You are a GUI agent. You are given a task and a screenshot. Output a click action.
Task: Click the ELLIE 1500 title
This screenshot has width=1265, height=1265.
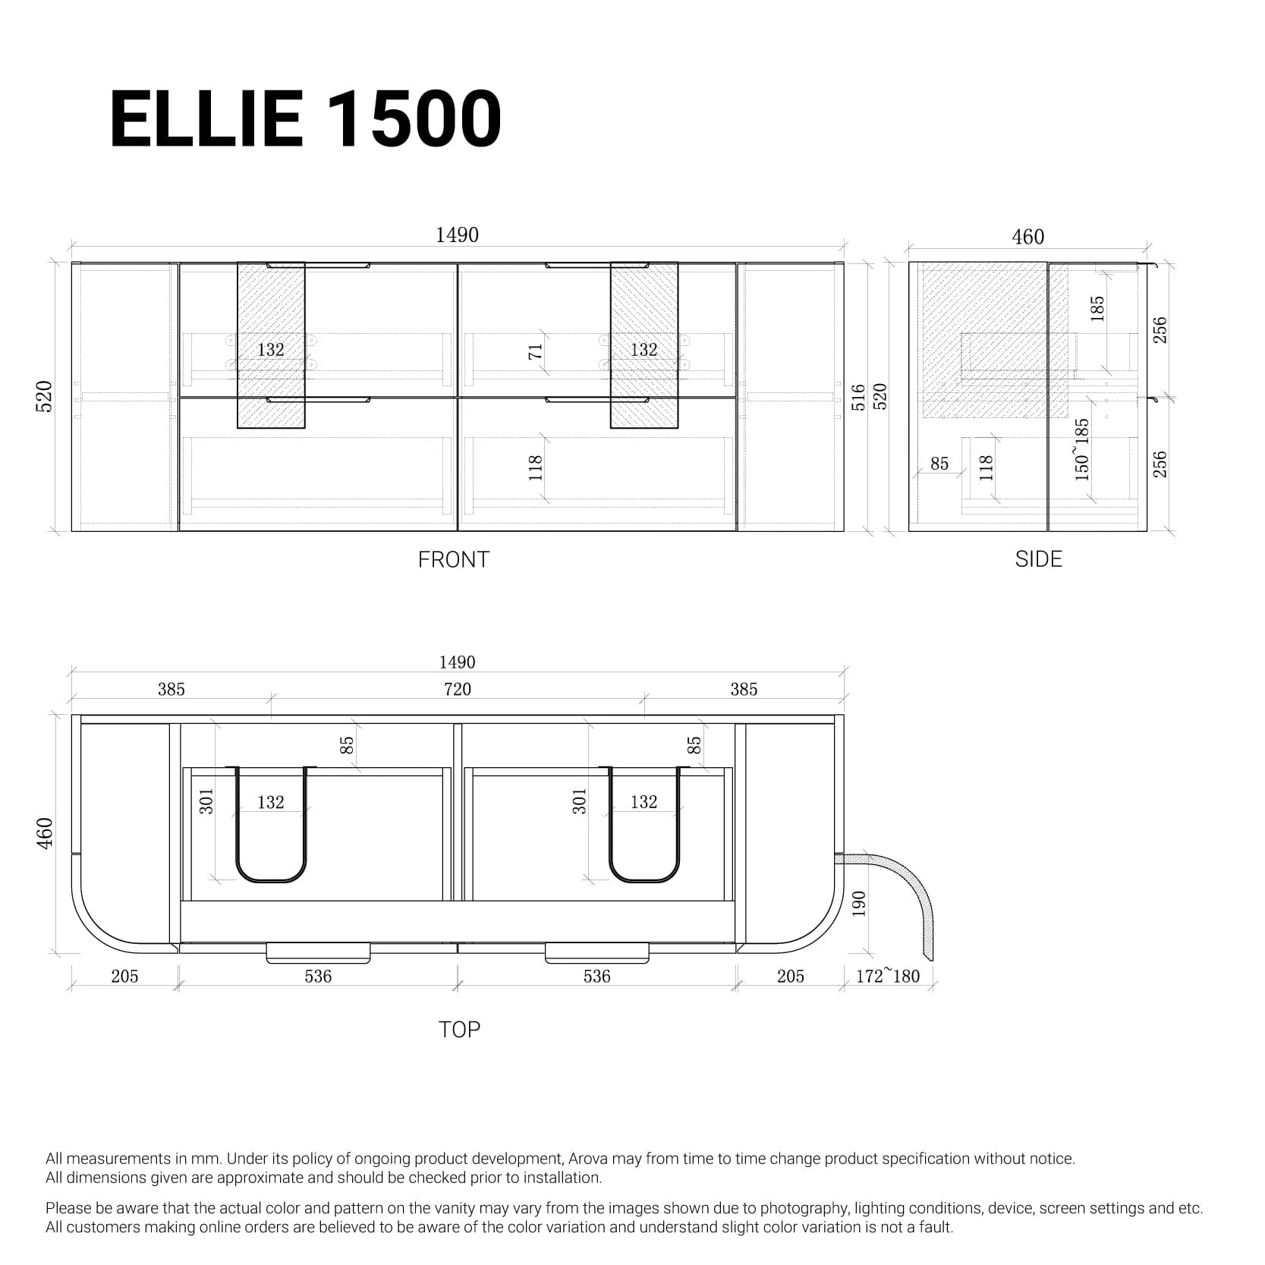(305, 120)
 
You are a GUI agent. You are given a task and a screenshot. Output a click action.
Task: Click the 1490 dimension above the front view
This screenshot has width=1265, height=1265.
(457, 235)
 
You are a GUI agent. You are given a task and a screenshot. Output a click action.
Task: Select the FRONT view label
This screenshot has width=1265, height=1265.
(453, 560)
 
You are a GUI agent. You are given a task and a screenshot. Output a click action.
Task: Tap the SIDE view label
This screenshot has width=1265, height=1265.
(1038, 559)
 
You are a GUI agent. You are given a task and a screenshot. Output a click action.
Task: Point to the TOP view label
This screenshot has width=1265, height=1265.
(459, 1030)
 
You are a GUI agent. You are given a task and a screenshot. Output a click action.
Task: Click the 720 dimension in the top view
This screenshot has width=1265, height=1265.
(457, 689)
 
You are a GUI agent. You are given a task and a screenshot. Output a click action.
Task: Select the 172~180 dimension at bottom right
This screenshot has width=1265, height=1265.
(887, 977)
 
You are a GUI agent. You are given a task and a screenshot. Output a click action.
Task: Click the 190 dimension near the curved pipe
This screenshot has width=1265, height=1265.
(859, 905)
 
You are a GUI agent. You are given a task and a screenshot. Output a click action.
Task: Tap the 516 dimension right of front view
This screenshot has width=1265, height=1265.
(858, 397)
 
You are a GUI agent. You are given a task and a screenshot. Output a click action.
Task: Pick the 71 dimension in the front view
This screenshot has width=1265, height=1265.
(536, 352)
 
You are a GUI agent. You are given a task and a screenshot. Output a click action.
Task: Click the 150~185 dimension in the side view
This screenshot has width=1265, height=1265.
(1082, 449)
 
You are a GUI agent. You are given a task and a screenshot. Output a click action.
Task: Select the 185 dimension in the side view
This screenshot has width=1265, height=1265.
(1097, 309)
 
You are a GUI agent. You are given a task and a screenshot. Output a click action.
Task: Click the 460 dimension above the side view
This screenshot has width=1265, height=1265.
(1027, 238)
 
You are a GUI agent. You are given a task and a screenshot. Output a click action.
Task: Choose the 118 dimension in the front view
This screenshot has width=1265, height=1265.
(536, 467)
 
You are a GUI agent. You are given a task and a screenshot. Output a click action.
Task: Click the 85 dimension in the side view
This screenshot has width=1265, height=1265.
(939, 464)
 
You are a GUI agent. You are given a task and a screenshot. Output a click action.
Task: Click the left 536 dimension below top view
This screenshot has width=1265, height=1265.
(318, 977)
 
